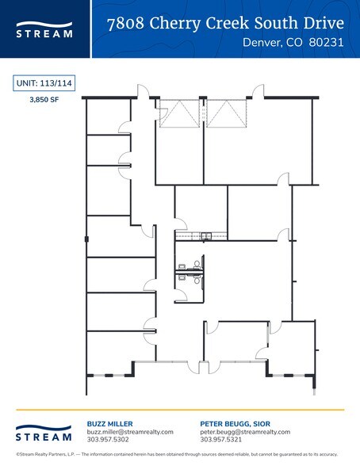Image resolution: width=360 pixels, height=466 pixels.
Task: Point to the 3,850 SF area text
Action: coord(41,101)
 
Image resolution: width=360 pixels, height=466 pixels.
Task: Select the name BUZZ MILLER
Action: coord(109,424)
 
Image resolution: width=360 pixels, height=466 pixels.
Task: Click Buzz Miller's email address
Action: coord(129,432)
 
